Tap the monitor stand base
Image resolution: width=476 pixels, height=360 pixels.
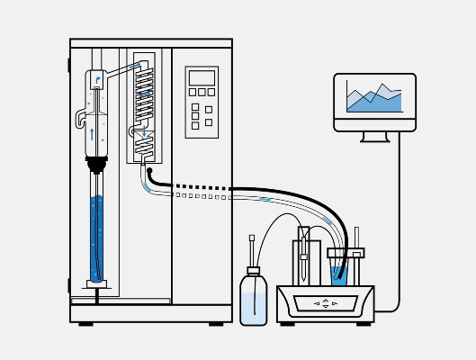click(x=374, y=138)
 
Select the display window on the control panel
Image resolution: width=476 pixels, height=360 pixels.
click(x=202, y=77)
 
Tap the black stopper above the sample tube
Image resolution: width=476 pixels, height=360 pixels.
click(x=96, y=165)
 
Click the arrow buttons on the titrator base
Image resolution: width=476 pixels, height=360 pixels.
click(x=326, y=303)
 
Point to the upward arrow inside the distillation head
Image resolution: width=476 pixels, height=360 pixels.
click(x=92, y=133)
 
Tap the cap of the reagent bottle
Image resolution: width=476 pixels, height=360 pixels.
click(x=254, y=270)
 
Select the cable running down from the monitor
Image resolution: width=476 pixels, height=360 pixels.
click(x=400, y=225)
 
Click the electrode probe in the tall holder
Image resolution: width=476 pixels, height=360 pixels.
click(x=305, y=256)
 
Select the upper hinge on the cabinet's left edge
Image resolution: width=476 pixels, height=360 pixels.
click(x=67, y=63)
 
